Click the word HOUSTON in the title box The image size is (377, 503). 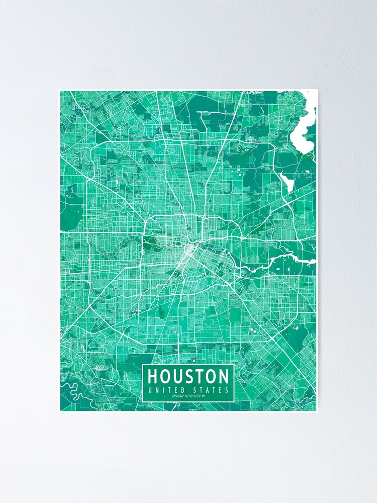tap(189, 376)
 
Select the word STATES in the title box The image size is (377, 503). tap(212, 390)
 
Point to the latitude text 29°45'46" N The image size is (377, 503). tap(179, 397)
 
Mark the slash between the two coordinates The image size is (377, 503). tap(189, 397)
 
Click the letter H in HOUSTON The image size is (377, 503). tap(153, 376)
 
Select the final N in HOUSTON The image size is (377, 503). tap(224, 376)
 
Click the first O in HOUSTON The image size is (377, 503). tap(165, 376)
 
